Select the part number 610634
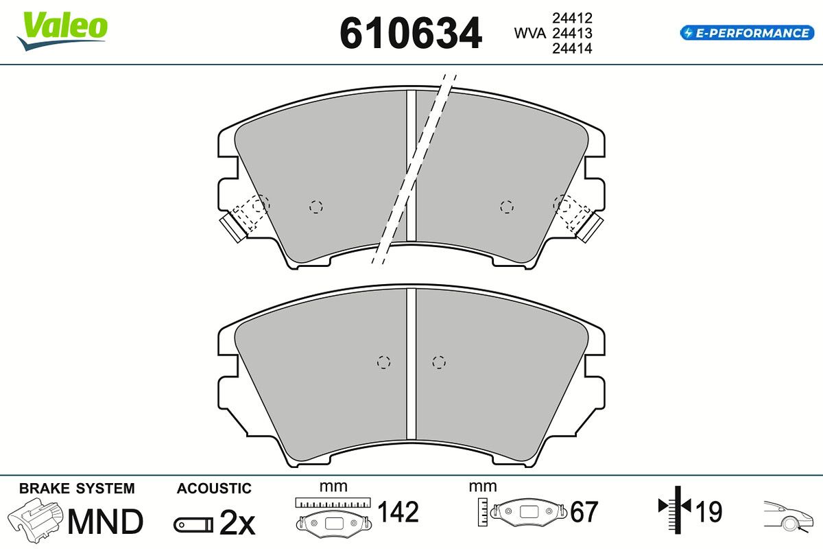click(411, 33)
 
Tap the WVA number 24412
click(572, 18)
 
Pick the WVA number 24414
click(572, 48)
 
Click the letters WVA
click(530, 33)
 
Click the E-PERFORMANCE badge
click(747, 33)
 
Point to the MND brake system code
click(106, 522)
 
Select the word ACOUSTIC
click(214, 489)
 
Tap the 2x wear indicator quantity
click(237, 522)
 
